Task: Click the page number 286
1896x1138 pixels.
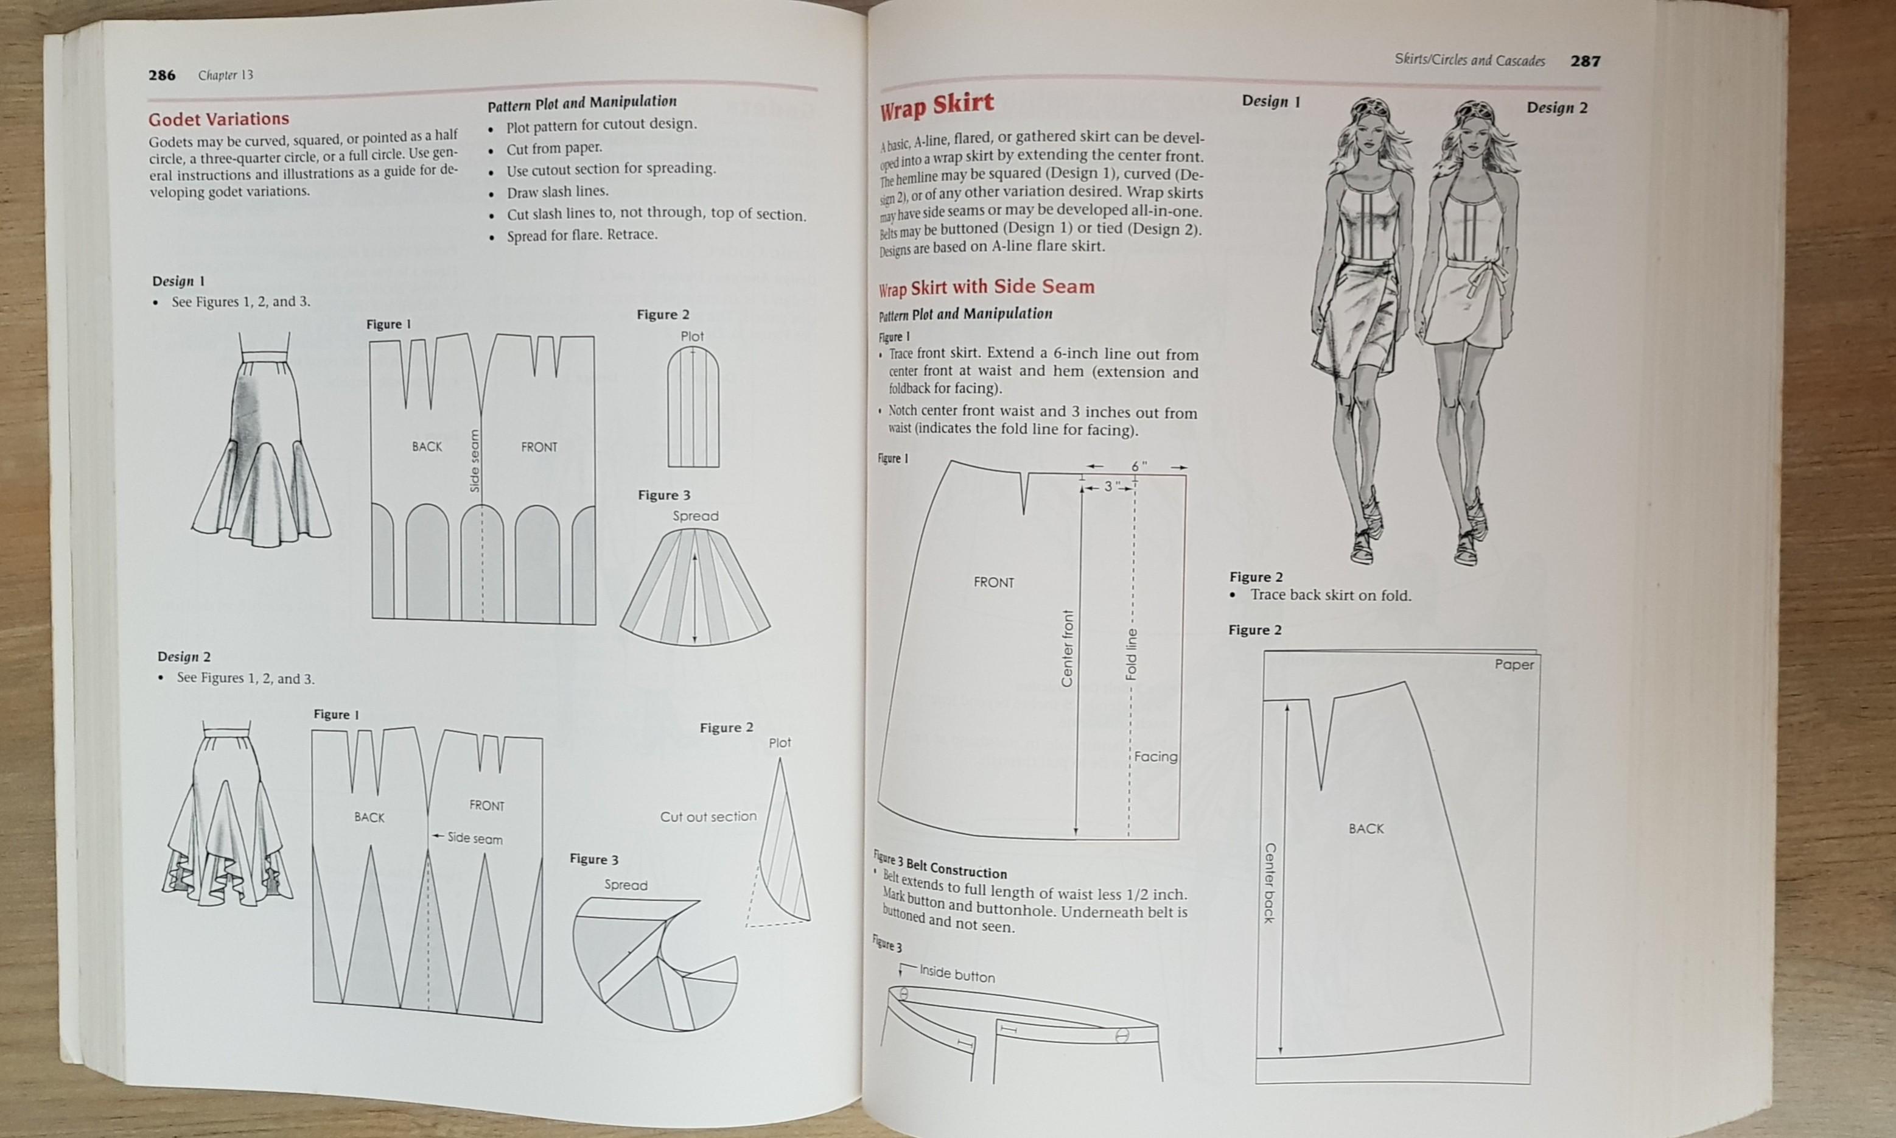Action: [162, 75]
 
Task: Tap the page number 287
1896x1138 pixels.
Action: [1585, 60]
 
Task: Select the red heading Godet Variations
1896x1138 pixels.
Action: [219, 119]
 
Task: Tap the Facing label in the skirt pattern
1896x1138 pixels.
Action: [1156, 757]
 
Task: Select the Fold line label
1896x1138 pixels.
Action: [1131, 653]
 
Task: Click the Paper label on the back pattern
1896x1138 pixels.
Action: [1514, 664]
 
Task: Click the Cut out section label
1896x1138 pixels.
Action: [708, 817]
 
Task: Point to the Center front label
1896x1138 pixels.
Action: [1067, 648]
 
